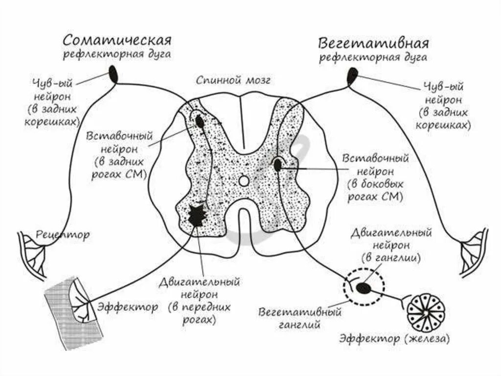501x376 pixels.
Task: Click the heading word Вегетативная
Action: tap(374, 42)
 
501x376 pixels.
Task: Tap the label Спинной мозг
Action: tap(233, 80)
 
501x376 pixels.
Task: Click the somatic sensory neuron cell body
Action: tap(114, 75)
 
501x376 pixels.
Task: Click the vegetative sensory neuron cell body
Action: tap(352, 75)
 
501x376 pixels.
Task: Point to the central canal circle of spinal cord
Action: tap(243, 181)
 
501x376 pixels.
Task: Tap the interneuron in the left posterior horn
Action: tap(200, 122)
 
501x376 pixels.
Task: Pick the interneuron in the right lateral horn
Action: tap(277, 165)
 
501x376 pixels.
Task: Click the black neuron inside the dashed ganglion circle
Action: tap(364, 288)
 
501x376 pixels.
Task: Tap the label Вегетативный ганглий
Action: tap(300, 317)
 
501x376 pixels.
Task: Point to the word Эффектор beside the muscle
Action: tap(127, 307)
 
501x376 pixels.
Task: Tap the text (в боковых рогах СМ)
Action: tap(375, 191)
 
